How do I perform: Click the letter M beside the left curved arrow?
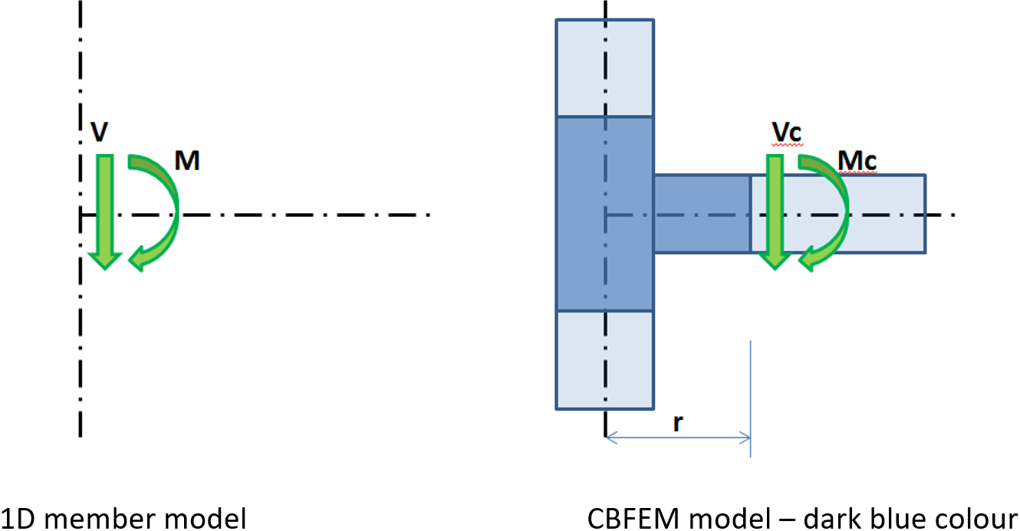(188, 160)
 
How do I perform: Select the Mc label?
(857, 162)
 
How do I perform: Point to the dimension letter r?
(678, 424)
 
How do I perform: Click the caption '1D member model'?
(123, 518)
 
